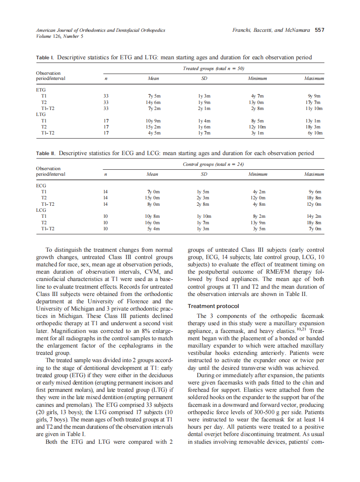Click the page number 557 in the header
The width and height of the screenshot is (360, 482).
(x=320, y=30)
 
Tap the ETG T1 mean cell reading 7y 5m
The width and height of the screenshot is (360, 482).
(x=153, y=96)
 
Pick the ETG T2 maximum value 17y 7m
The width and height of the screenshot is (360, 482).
(x=314, y=103)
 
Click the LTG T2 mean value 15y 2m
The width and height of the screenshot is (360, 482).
(x=153, y=127)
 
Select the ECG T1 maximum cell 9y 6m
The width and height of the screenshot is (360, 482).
(x=315, y=192)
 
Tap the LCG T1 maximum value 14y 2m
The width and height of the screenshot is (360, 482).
(x=314, y=217)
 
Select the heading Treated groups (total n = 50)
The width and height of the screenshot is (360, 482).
(x=214, y=69)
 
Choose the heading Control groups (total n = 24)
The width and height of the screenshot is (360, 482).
(x=214, y=164)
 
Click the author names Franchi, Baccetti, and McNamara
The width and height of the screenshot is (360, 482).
(x=271, y=30)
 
